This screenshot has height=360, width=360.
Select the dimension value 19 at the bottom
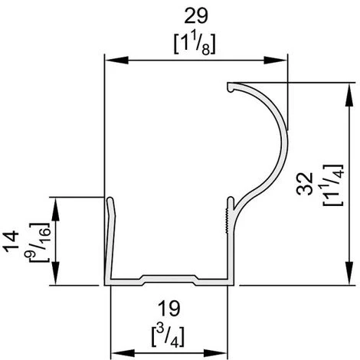pyautogui.click(x=169, y=309)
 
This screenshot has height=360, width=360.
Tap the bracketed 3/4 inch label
pyautogui.click(x=169, y=335)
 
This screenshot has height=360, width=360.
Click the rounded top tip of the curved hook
pyautogui.click(x=230, y=87)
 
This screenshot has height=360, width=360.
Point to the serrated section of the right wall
pyautogui.click(x=228, y=215)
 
